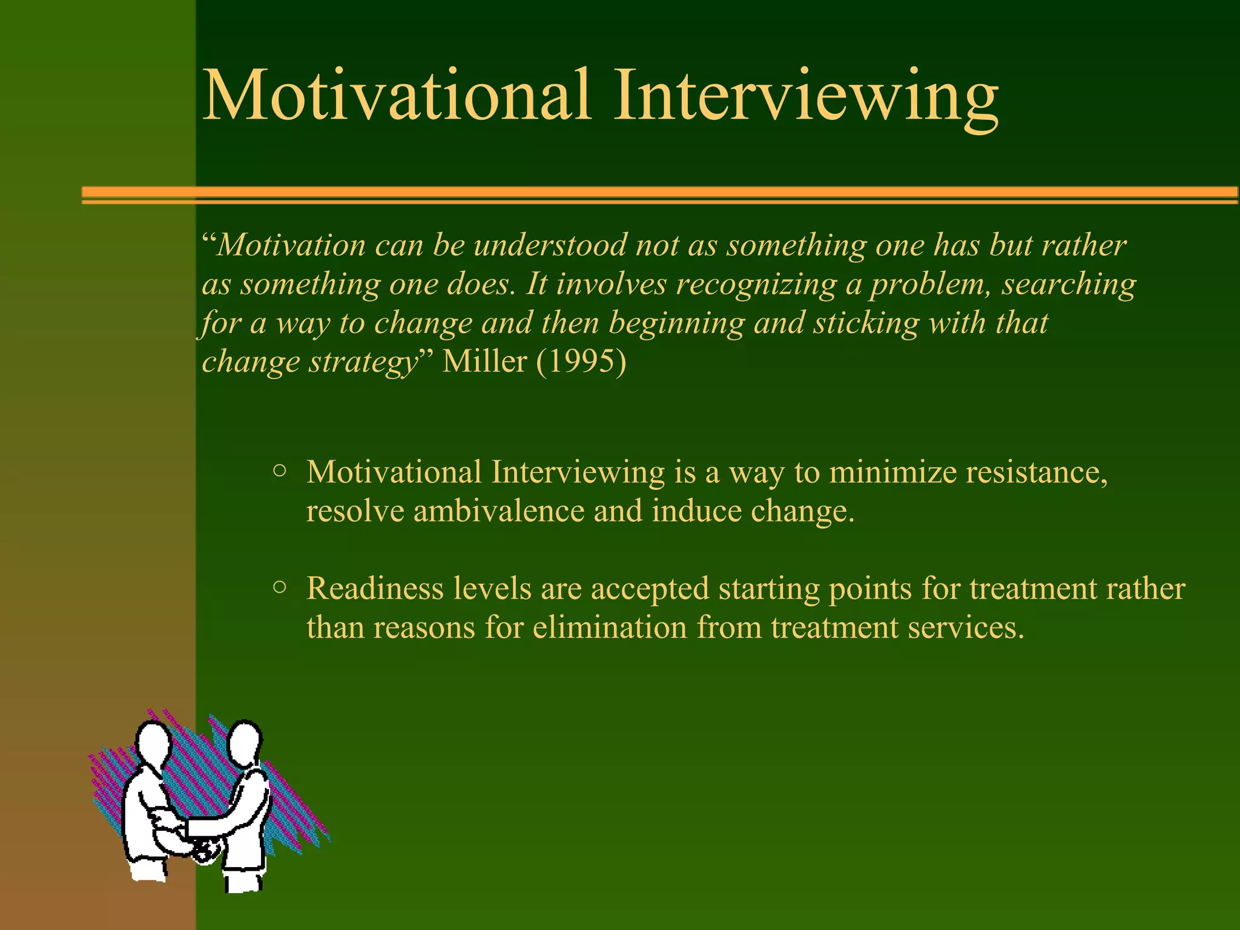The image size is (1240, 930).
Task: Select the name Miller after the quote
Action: click(x=484, y=361)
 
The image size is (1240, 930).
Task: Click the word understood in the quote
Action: click(x=550, y=245)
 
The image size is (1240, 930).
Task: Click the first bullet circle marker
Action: click(x=279, y=470)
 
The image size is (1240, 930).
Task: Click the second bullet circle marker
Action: click(x=279, y=586)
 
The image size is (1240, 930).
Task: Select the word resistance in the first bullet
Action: click(x=1036, y=472)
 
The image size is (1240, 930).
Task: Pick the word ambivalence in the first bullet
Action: click(x=498, y=511)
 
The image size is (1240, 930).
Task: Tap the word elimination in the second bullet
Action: click(x=609, y=627)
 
